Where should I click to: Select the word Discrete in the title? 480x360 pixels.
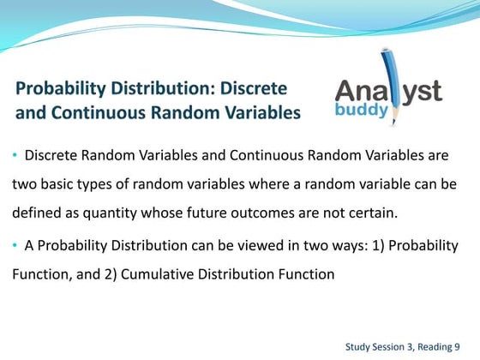click(255, 89)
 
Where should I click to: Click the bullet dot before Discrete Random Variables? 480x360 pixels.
click(15, 156)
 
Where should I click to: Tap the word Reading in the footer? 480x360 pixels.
click(435, 346)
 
